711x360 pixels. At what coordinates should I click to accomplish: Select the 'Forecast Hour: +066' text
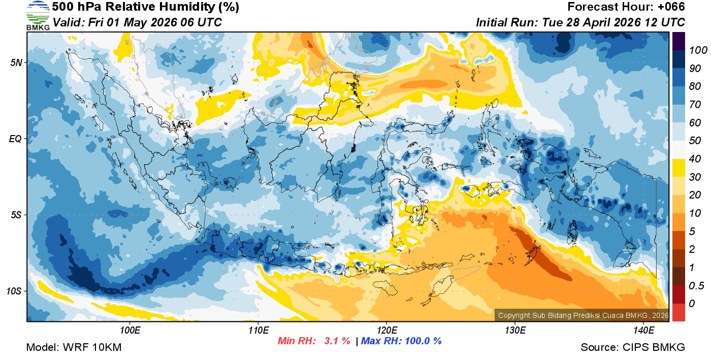click(626, 7)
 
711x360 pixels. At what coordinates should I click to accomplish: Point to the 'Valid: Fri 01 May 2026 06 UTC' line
click(137, 22)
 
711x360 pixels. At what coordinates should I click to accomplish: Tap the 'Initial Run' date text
click(580, 22)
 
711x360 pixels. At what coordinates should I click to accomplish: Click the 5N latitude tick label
click(15, 62)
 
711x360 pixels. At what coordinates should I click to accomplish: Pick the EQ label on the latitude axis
click(15, 139)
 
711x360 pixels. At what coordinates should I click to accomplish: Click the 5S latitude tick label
click(15, 215)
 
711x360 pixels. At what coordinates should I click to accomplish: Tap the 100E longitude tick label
click(130, 330)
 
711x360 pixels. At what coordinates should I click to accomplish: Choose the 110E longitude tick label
click(258, 330)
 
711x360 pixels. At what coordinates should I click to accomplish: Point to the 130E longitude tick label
click(515, 330)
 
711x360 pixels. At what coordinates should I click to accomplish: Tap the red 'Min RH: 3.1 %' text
click(314, 341)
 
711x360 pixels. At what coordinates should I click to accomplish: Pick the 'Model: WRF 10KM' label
click(74, 348)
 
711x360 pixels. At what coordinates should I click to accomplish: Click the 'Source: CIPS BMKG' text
click(633, 348)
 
